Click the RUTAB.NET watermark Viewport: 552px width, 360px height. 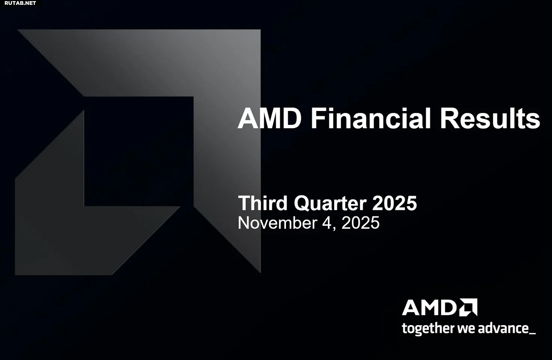pyautogui.click(x=20, y=3)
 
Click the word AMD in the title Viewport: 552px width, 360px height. pyautogui.click(x=269, y=118)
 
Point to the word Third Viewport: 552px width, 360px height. pyautogui.click(x=263, y=203)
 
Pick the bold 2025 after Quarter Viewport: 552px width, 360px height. pyautogui.click(x=394, y=203)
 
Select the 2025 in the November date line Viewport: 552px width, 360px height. pyautogui.click(x=360, y=223)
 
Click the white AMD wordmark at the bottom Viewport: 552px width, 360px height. pyautogui.click(x=429, y=307)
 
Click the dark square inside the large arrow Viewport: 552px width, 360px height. pyautogui.click(x=139, y=151)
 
